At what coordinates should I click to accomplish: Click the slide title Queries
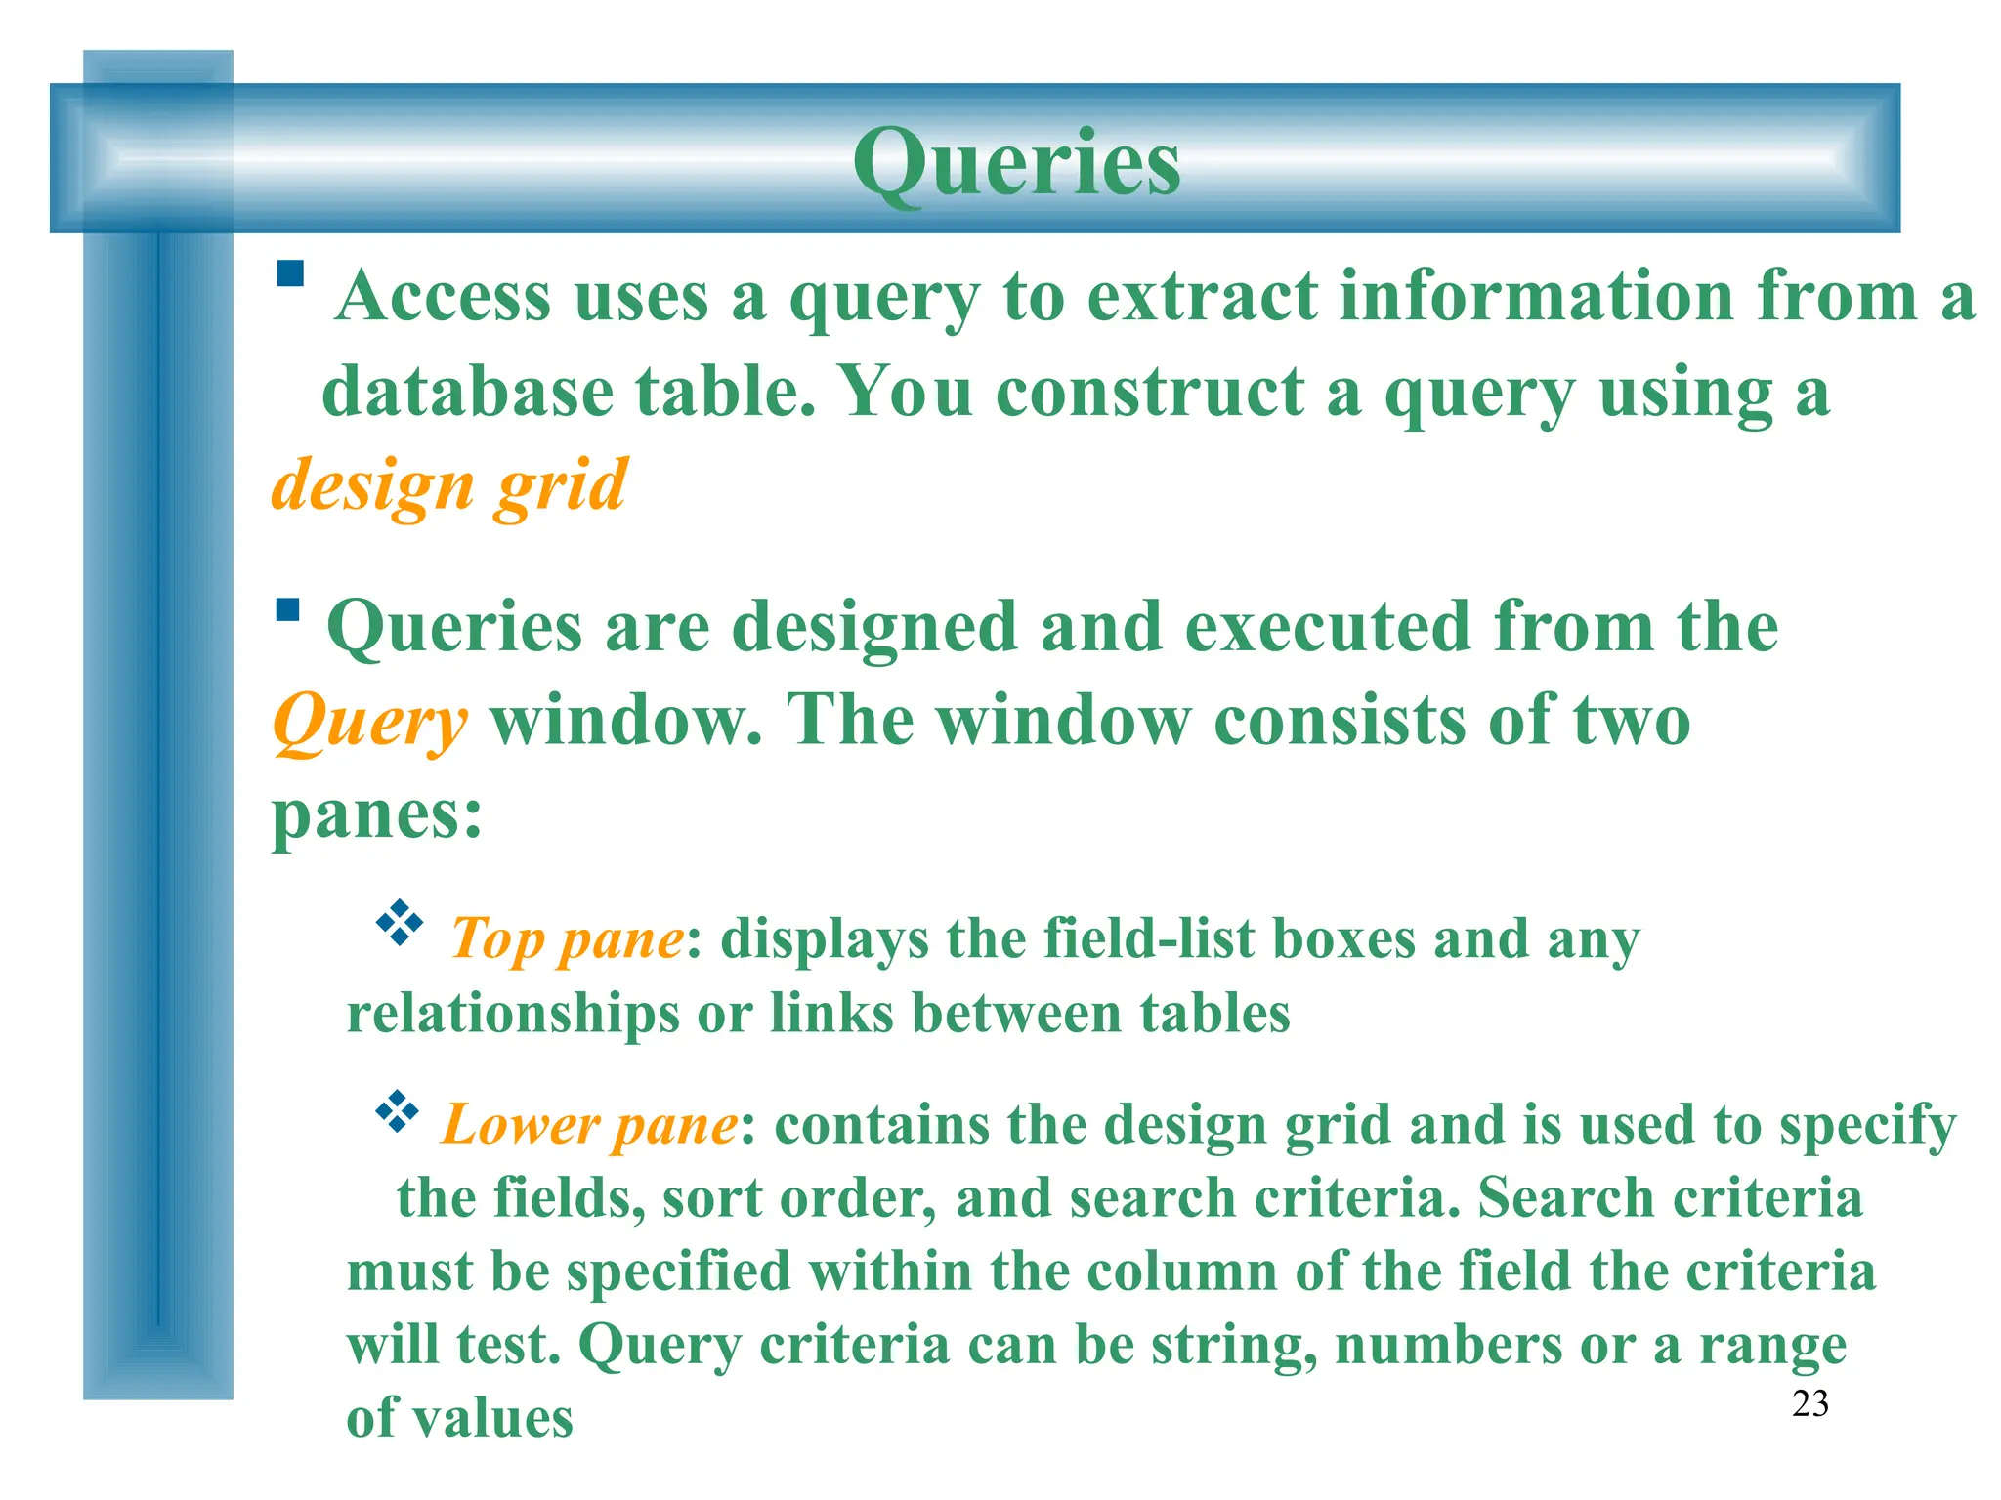tap(1016, 163)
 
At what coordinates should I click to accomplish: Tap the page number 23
tap(1809, 1403)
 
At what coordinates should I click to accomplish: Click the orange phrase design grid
tap(448, 485)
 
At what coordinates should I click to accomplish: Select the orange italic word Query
tap(369, 723)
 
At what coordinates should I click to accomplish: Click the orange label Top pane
tap(567, 939)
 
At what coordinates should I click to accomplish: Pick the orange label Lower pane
tap(589, 1125)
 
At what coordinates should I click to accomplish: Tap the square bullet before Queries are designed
tap(287, 610)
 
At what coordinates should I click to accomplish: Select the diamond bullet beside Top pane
tap(399, 923)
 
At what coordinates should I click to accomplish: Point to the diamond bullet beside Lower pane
tap(397, 1110)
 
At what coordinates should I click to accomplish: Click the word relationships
tap(513, 1013)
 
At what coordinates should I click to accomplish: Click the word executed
tap(1328, 627)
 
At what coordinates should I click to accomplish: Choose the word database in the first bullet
tap(467, 393)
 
